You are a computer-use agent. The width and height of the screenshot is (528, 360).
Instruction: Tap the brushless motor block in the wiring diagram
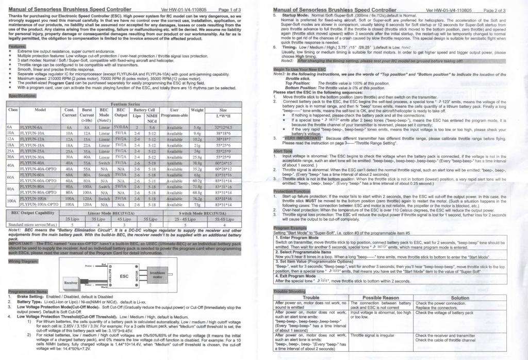(x=156, y=274)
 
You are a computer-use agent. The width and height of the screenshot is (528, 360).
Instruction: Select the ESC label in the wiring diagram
(x=124, y=276)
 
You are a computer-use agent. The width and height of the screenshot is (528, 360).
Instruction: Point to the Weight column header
(x=196, y=110)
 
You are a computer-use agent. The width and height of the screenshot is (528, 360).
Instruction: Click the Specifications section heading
(x=22, y=95)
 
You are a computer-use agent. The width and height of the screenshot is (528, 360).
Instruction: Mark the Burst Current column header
(x=87, y=113)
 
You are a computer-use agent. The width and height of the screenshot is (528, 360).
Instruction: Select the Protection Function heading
(x=292, y=191)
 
